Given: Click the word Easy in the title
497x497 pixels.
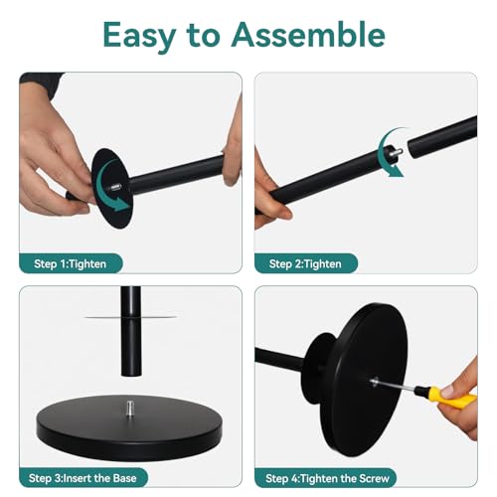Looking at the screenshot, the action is pyautogui.click(x=139, y=36).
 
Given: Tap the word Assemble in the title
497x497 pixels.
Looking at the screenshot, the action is pyautogui.click(x=308, y=34).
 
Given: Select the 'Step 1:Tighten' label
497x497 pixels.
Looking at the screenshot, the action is pyautogui.click(x=70, y=264).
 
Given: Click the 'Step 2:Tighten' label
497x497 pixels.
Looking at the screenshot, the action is pyautogui.click(x=305, y=264).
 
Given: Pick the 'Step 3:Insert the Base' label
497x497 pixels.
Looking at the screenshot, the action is pyautogui.click(x=83, y=478).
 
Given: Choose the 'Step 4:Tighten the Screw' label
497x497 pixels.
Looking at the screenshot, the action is pyautogui.click(x=327, y=478).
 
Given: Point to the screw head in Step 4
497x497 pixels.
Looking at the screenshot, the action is pyautogui.click(x=375, y=382).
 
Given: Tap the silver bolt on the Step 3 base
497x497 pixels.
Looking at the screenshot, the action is pyautogui.click(x=130, y=410).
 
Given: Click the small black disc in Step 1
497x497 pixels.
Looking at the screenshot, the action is pyautogui.click(x=112, y=189).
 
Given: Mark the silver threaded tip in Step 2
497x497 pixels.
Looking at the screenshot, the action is pyautogui.click(x=398, y=152).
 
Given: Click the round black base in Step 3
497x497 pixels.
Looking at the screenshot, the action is pyautogui.click(x=129, y=427).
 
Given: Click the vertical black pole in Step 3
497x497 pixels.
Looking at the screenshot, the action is pyautogui.click(x=131, y=331).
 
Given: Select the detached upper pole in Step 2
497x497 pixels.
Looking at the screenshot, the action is pyautogui.click(x=442, y=137).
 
